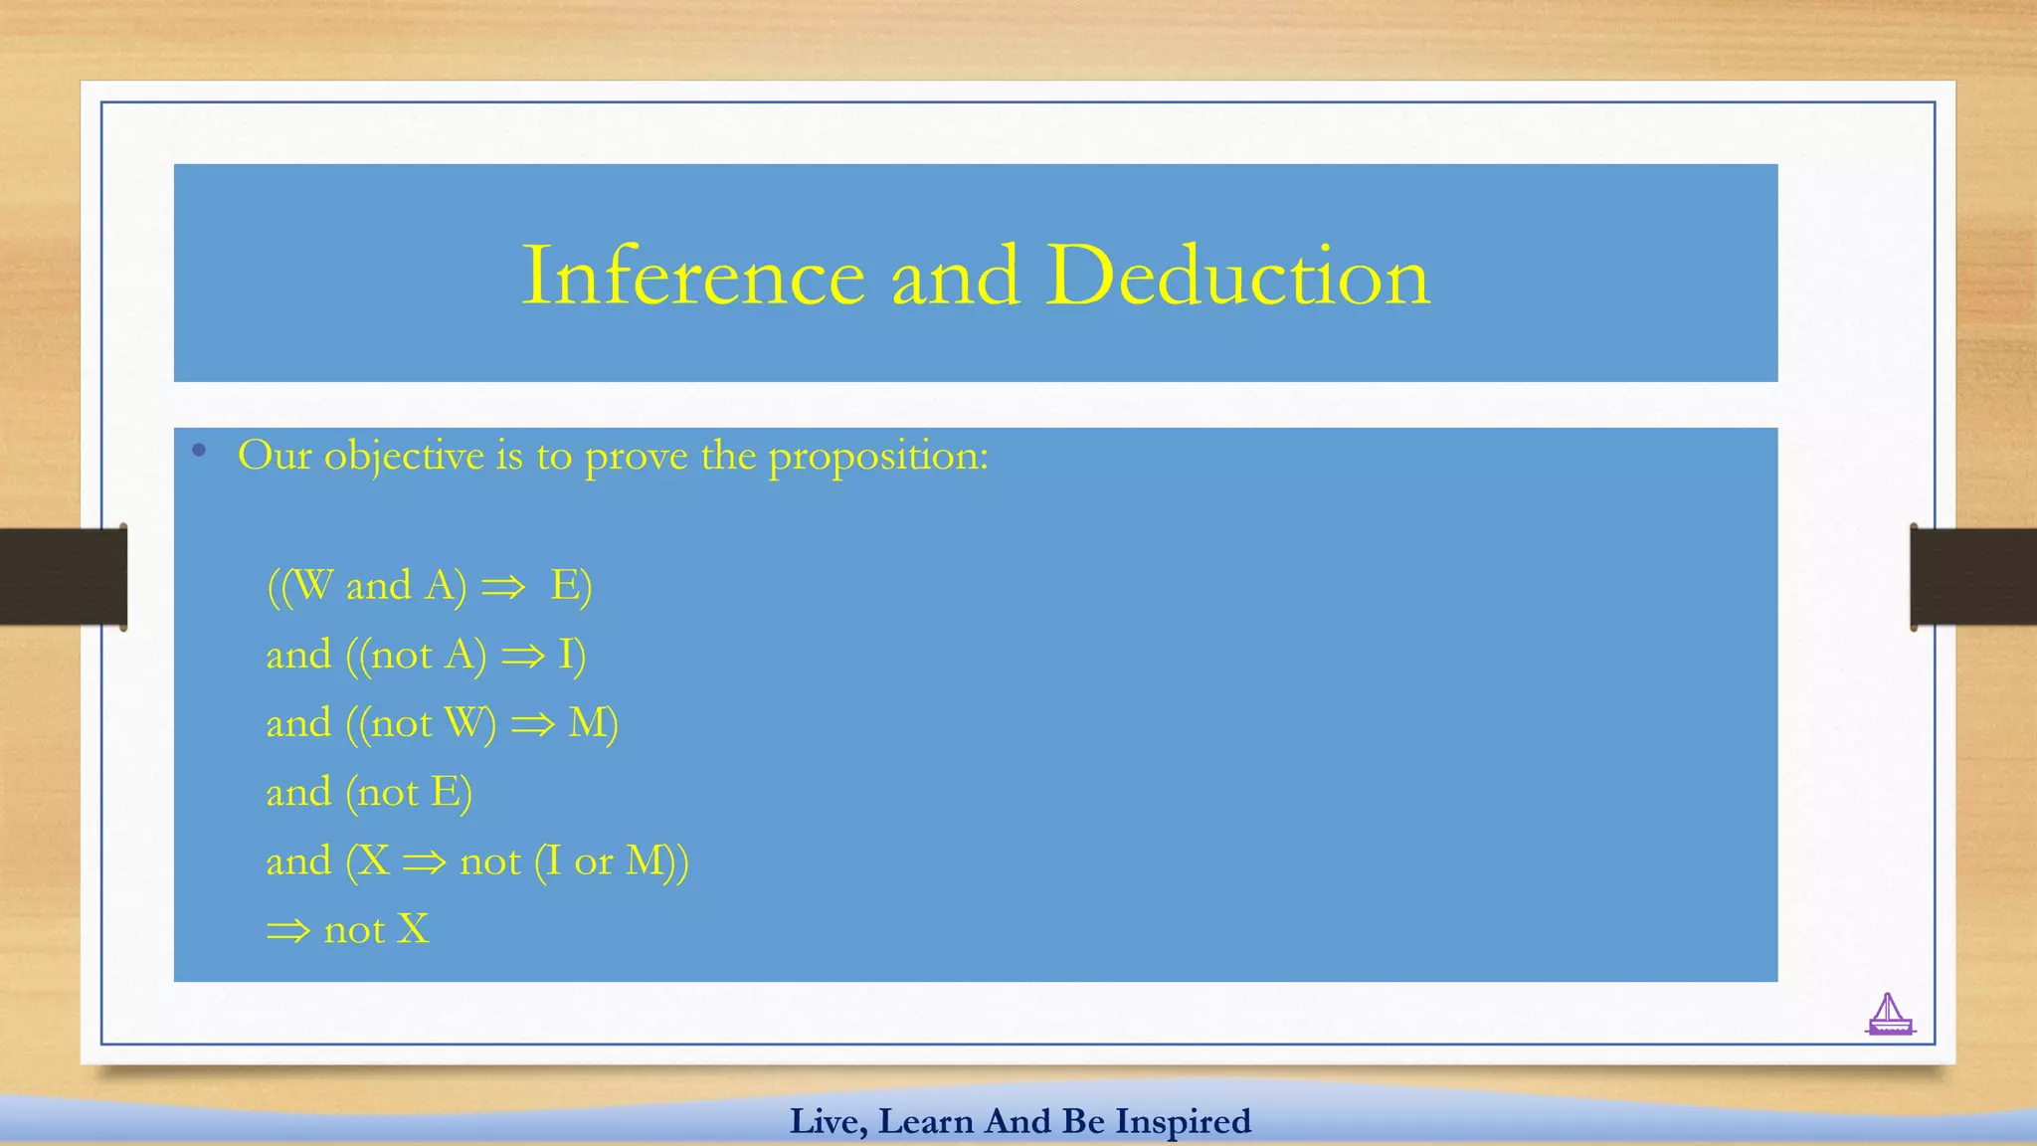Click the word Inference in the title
693,276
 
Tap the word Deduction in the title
1237,276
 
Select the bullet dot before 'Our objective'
200,451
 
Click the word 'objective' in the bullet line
404,457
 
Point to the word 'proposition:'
878,457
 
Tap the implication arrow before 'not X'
288,931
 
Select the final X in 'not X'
413,930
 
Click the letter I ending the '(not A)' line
567,655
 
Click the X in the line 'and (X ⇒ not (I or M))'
373,860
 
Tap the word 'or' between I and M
593,861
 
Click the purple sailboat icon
1889,1016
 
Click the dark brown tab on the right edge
1973,577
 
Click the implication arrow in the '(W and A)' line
503,587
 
